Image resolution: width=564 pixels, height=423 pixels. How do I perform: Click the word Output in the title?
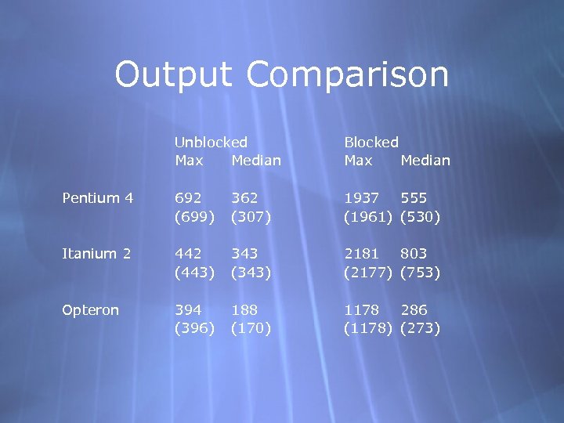(x=175, y=74)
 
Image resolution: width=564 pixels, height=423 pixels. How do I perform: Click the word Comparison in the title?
(x=348, y=74)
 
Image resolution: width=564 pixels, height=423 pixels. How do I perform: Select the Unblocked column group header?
(x=211, y=143)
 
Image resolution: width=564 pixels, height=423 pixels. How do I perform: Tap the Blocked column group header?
(x=371, y=143)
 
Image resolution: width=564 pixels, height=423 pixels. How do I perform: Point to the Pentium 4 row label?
(x=97, y=198)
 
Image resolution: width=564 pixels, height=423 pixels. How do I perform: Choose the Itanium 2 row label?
(x=96, y=254)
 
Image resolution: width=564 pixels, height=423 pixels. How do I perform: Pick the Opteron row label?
(x=91, y=310)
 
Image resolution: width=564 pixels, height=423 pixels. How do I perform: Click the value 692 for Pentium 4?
(x=190, y=198)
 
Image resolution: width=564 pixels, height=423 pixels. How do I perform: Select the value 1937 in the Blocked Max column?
(x=362, y=198)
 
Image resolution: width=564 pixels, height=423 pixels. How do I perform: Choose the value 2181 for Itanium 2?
(x=362, y=254)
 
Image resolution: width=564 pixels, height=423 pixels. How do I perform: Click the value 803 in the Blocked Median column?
(x=416, y=254)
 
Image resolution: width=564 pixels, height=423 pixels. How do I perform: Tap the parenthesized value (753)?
(x=421, y=273)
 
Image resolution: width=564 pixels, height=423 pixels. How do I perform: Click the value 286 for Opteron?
(x=416, y=310)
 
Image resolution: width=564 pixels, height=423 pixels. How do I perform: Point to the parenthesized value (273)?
(x=421, y=328)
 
